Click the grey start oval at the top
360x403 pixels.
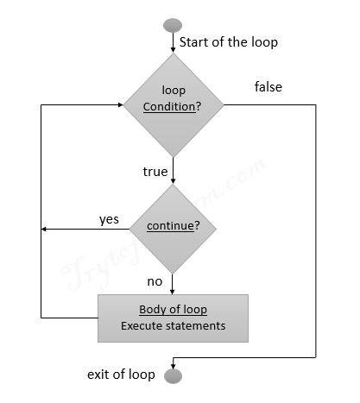(x=173, y=23)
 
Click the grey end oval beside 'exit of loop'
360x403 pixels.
(x=173, y=375)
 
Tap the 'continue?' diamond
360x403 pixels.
(x=173, y=228)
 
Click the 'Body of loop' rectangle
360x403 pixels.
(x=173, y=318)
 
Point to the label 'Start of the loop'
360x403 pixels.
(x=229, y=41)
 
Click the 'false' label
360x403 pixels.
(x=268, y=87)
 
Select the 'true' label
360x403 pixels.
(x=155, y=172)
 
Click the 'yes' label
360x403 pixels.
(x=109, y=219)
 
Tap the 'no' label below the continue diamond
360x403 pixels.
(x=155, y=281)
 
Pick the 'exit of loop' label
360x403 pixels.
(x=121, y=375)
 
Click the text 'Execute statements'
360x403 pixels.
(x=173, y=326)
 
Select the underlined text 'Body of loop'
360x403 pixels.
(x=173, y=310)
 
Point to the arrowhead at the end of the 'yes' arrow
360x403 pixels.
(x=45, y=229)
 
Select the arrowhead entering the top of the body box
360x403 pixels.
(x=173, y=290)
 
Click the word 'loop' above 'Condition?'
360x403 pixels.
(x=174, y=91)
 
